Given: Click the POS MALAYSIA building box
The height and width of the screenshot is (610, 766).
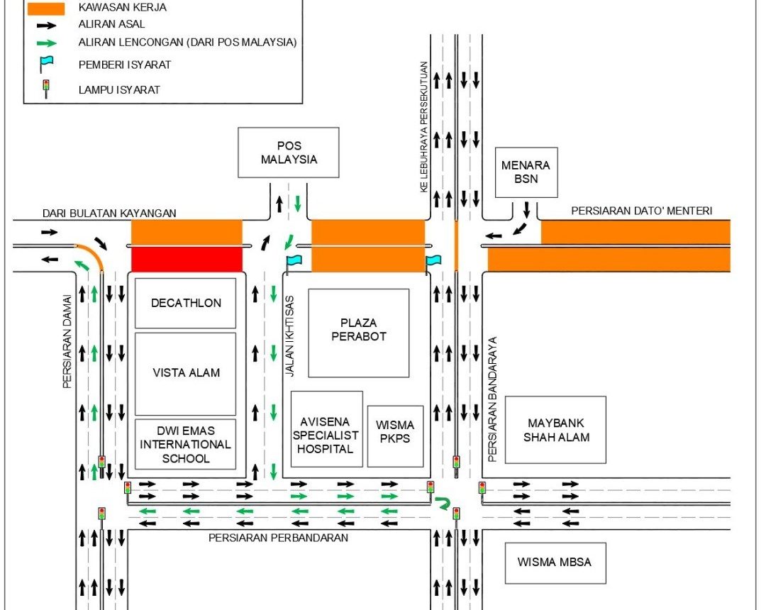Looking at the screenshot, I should pos(289,152).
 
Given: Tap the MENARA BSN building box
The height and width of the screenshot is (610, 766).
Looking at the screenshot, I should pos(526,172).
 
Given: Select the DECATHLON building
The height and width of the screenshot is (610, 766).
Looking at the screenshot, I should pos(186,303).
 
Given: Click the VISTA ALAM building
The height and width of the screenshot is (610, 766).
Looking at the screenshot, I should pos(186,373).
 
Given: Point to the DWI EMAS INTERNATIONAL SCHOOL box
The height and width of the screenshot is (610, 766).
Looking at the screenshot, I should pos(186,444).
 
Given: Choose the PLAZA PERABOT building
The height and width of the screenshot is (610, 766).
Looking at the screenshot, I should pos(359,332).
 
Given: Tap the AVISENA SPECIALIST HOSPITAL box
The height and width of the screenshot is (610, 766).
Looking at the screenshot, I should pos(326,429).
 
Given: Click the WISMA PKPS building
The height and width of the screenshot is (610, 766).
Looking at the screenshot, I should pos(395,436).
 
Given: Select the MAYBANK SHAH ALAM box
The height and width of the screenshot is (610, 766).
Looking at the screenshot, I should pos(556,429).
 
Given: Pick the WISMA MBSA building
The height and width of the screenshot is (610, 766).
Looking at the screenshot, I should pos(554,562).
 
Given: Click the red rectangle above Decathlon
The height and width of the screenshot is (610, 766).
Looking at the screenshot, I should pos(187,259).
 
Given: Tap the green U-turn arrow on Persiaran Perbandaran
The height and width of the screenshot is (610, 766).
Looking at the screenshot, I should pos(443,504).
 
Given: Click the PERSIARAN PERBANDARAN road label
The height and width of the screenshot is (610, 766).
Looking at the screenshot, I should pos(278,538).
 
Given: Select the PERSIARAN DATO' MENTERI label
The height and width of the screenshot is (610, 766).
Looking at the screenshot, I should pos(641,211).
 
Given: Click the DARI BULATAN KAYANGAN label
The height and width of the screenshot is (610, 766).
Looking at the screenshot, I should pos(109,213).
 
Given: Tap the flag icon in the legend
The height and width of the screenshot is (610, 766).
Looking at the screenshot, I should pos(46,64).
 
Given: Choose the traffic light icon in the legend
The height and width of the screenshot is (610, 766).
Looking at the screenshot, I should pos(46,89).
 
